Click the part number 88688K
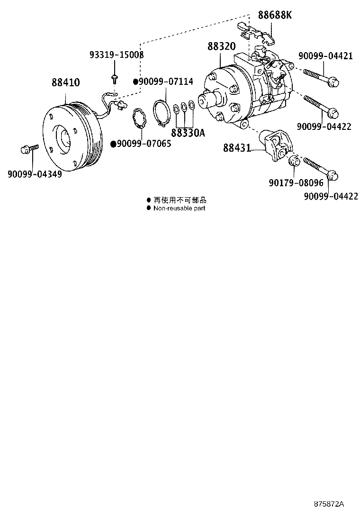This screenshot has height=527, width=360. [275, 15]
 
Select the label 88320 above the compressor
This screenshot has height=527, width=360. [221, 47]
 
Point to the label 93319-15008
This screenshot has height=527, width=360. [117, 55]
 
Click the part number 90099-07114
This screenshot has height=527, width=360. [166, 82]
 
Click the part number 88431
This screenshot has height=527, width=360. [237, 148]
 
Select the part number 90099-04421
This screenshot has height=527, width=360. [325, 56]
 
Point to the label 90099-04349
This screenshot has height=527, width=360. [35, 173]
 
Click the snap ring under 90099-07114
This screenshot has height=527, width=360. [162, 114]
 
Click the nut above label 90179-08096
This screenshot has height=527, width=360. [293, 160]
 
